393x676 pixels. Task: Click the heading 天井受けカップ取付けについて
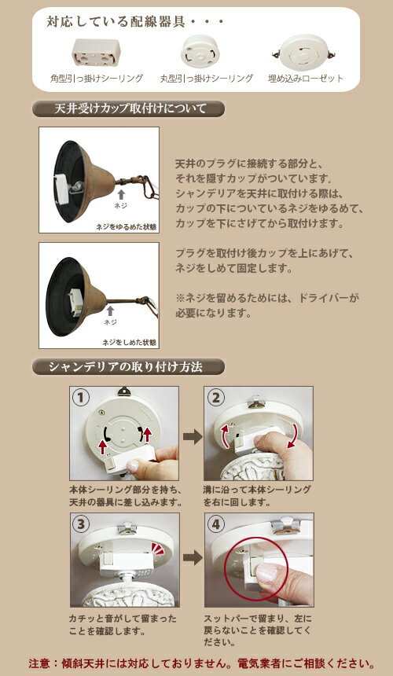coord(129,108)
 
